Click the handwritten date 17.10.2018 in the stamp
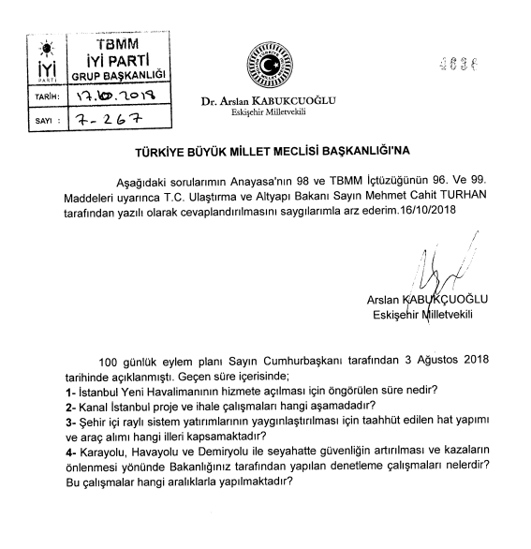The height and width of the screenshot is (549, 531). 115,96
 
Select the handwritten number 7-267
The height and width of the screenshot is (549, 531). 109,121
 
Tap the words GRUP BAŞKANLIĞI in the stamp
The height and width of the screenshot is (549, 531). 118,74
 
